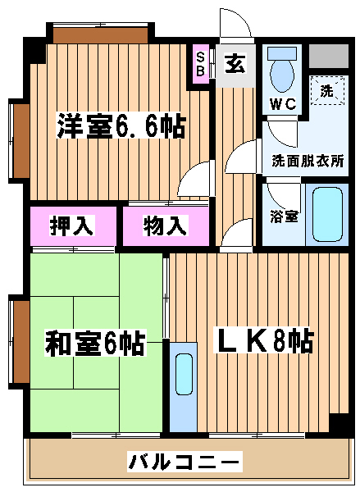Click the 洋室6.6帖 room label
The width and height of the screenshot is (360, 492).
click(121, 126)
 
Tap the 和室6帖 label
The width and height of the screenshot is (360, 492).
click(95, 343)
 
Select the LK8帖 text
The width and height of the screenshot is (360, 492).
click(263, 341)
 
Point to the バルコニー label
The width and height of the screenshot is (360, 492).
click(185, 462)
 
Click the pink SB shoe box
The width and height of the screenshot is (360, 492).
click(200, 64)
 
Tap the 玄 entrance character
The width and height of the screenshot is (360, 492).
click(235, 63)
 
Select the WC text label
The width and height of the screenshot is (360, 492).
click(283, 104)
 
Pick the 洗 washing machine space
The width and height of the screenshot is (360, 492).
click(327, 91)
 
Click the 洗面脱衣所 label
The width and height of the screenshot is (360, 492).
click(308, 161)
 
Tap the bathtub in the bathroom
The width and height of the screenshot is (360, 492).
click(327, 214)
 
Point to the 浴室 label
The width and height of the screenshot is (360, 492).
click(284, 216)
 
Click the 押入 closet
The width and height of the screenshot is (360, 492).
click(73, 226)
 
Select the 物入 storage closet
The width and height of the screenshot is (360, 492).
click(166, 226)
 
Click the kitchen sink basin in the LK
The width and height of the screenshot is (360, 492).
click(184, 374)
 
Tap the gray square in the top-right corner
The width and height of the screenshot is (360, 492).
click(329, 56)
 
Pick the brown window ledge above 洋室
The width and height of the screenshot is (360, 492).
click(100, 35)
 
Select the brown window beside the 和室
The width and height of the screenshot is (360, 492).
click(21, 342)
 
